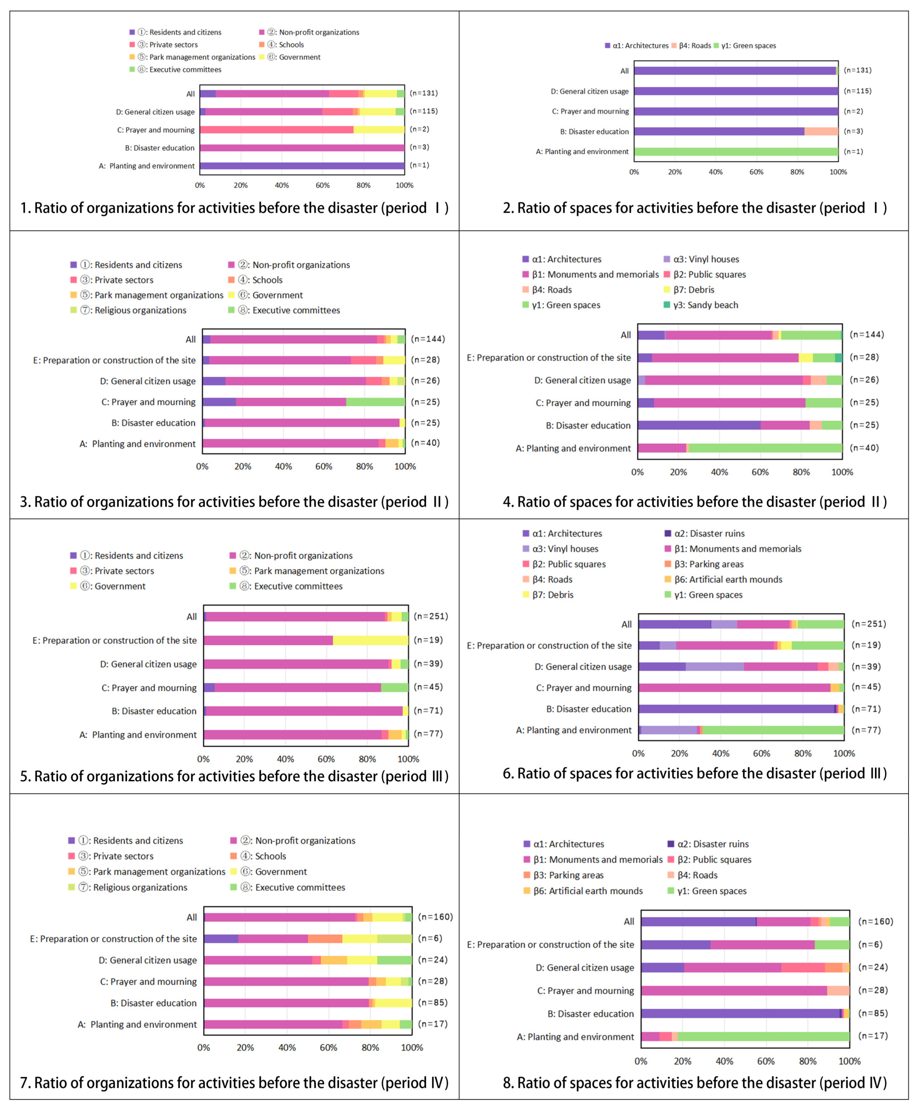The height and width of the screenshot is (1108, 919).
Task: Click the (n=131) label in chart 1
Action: click(424, 93)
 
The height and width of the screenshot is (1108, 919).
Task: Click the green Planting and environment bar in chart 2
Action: click(736, 152)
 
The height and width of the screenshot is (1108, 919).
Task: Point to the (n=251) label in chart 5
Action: click(430, 616)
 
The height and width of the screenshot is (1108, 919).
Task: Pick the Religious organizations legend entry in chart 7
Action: click(140, 888)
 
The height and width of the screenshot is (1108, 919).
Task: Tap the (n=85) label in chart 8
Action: click(873, 1013)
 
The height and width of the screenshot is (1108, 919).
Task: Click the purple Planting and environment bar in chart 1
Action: click(302, 166)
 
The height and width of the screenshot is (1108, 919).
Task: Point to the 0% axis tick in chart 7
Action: click(204, 1047)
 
